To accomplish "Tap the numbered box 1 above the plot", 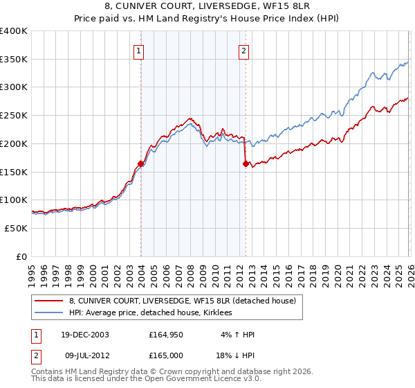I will point(140,50).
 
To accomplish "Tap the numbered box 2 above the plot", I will point(245,50).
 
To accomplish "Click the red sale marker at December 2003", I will point(141,164).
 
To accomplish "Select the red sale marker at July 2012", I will point(246,164).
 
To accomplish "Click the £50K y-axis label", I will point(16,228).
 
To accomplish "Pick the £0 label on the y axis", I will point(21,256).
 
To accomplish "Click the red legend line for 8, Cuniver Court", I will point(50,301).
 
